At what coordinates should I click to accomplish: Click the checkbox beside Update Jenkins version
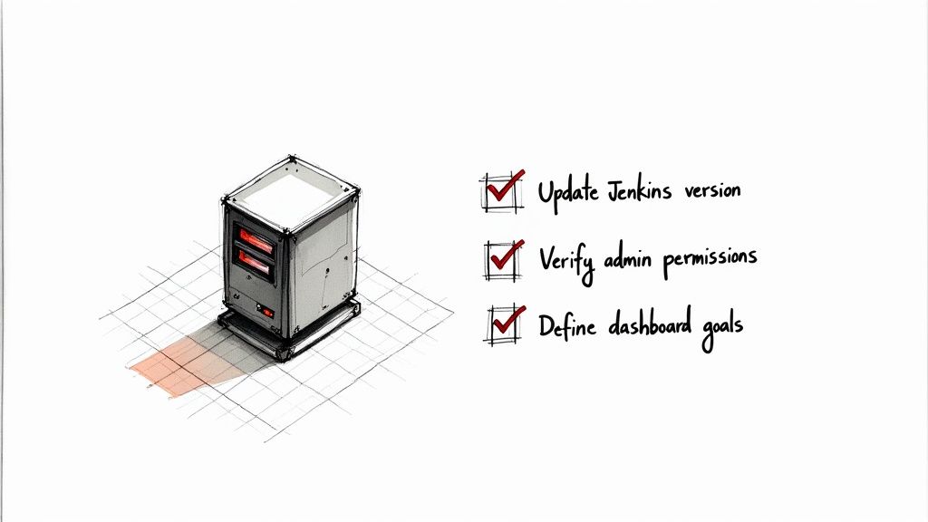[502, 192]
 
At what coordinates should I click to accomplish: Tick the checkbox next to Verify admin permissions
[504, 260]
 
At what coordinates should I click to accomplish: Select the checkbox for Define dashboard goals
[506, 324]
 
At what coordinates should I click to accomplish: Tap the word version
[712, 190]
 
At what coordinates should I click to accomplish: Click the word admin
[628, 258]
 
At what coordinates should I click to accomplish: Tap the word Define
[566, 325]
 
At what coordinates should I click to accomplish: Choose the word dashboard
[650, 323]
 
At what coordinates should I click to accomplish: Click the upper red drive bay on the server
[256, 240]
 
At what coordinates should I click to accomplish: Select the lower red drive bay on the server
[255, 265]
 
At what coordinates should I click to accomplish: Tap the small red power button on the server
[267, 312]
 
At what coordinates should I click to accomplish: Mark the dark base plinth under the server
[289, 332]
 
